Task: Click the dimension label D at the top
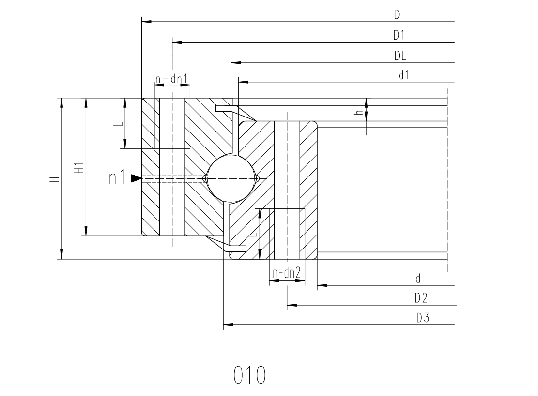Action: tap(397, 15)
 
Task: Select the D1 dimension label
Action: tap(399, 35)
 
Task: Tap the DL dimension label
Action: tap(400, 56)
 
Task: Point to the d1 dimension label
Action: tap(404, 75)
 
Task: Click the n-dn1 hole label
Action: tap(171, 79)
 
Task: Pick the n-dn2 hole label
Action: tap(287, 273)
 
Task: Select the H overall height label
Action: tap(55, 179)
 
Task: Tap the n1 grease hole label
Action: tap(117, 178)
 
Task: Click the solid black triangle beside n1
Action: tap(136, 178)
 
